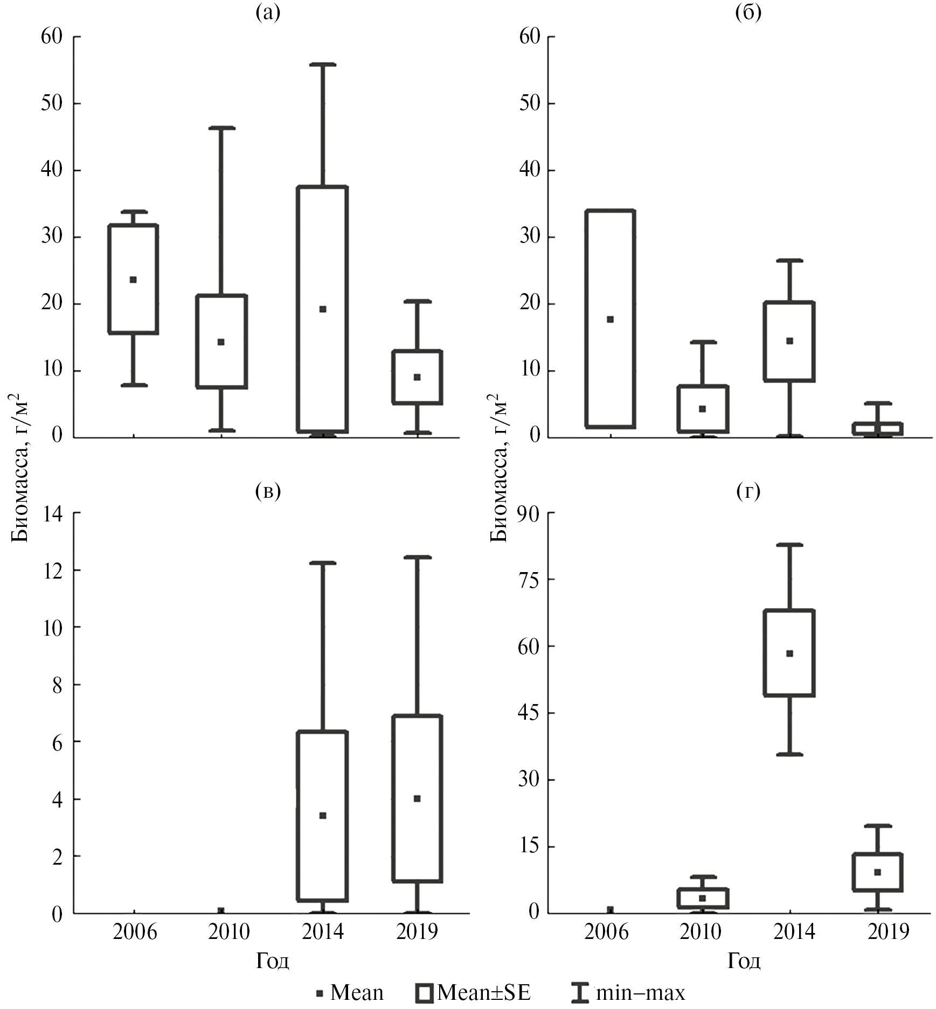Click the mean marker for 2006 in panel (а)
point(133,280)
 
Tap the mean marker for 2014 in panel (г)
point(789,653)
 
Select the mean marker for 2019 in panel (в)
point(417,798)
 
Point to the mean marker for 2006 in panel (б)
point(610,319)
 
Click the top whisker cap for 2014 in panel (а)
point(323,65)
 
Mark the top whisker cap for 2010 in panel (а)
point(221,128)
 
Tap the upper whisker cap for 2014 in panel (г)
point(789,545)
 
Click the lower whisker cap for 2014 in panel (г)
point(789,754)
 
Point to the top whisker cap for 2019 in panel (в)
point(417,557)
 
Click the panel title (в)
point(268,491)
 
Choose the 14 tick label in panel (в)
point(52,513)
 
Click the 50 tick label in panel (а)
point(52,103)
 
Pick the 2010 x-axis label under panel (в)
point(229,931)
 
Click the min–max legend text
point(641,992)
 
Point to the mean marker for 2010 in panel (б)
point(702,409)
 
